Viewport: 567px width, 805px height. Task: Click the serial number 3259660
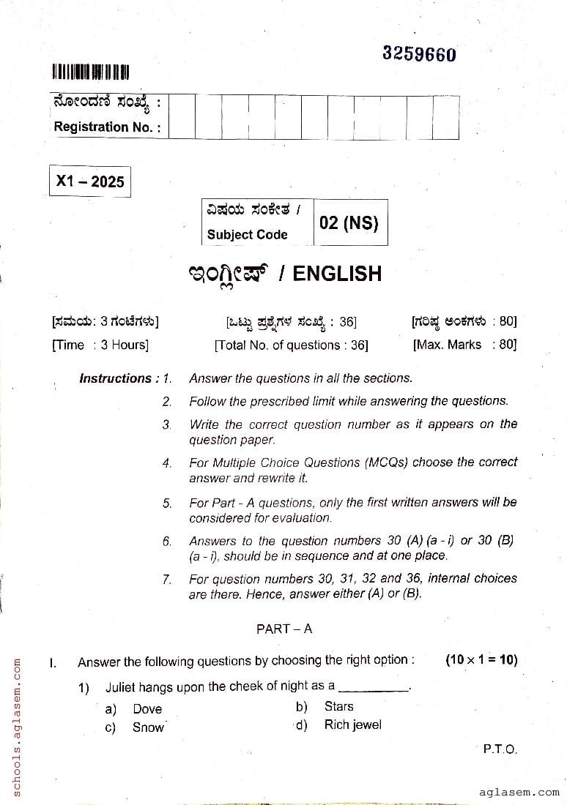pyautogui.click(x=419, y=54)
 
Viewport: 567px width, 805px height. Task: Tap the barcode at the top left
pyautogui.click(x=90, y=72)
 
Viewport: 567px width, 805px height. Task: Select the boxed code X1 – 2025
pyautogui.click(x=90, y=181)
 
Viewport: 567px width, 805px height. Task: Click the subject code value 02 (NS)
pyautogui.click(x=349, y=222)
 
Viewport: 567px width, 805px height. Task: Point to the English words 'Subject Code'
pyautogui.click(x=247, y=235)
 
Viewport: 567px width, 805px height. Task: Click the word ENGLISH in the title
pyautogui.click(x=337, y=274)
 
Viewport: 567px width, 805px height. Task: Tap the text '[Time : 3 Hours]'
pyautogui.click(x=100, y=345)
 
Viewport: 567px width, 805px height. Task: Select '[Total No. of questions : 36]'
pyautogui.click(x=291, y=345)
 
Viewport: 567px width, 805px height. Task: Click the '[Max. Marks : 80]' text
pyautogui.click(x=464, y=344)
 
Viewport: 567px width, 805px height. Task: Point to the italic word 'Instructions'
pyautogui.click(x=115, y=378)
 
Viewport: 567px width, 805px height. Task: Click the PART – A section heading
pyautogui.click(x=283, y=629)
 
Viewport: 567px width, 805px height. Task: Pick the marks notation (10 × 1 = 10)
pyautogui.click(x=481, y=659)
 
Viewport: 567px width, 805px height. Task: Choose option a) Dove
pyautogui.click(x=147, y=708)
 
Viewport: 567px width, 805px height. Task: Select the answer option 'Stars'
pyautogui.click(x=338, y=706)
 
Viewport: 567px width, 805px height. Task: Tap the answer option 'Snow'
pyautogui.click(x=148, y=727)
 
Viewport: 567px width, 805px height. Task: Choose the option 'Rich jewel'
pyautogui.click(x=352, y=725)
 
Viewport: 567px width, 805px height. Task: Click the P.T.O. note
pyautogui.click(x=500, y=749)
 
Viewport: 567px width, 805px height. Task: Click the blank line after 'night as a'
pyautogui.click(x=374, y=688)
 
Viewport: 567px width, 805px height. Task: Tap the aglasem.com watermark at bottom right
pyautogui.click(x=519, y=792)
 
